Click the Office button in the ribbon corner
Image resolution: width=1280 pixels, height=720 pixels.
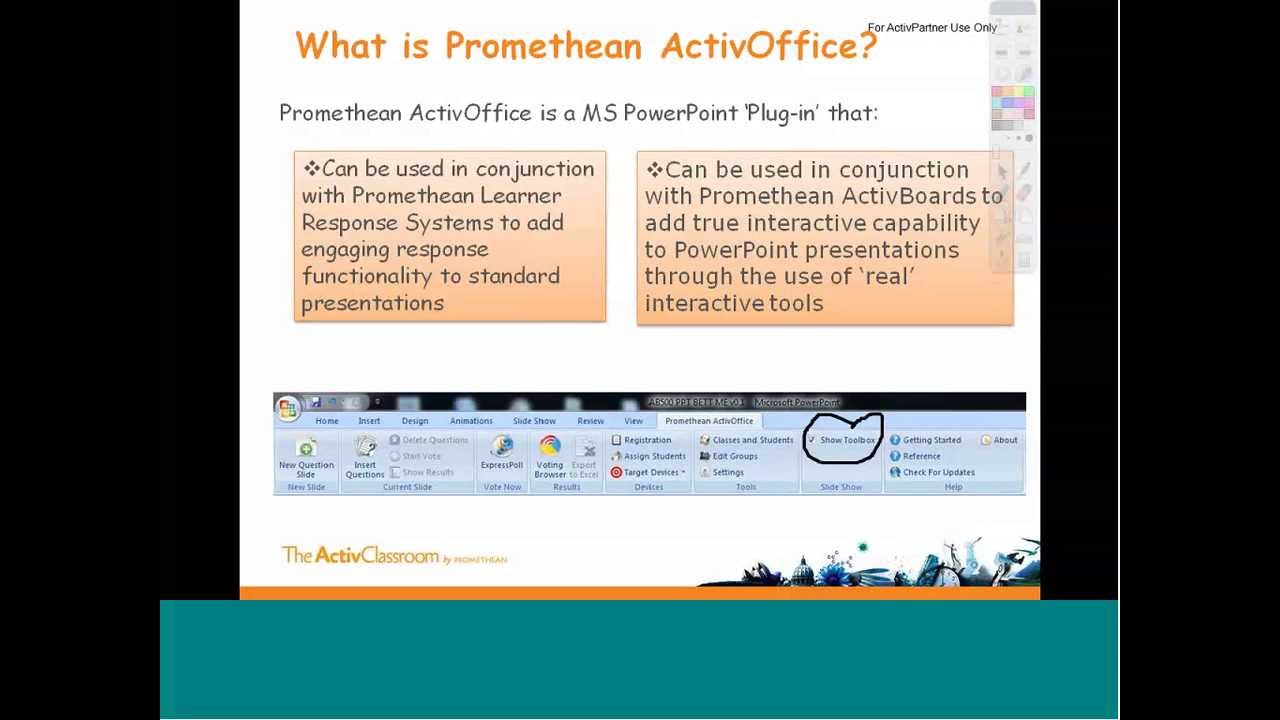tap(288, 407)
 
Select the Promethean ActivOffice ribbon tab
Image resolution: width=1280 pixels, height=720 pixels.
tap(709, 421)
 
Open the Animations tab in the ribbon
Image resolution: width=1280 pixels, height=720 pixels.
tap(471, 421)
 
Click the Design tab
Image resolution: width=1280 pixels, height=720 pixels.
tap(414, 421)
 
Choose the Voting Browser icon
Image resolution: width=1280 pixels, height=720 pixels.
tap(549, 446)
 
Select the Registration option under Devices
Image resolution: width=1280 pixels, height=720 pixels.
tap(647, 440)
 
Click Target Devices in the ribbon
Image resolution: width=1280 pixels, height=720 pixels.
tap(651, 472)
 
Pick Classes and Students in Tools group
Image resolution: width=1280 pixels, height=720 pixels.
tap(752, 440)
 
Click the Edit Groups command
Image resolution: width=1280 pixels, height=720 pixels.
tap(735, 456)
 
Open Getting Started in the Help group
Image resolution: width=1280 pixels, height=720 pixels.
tap(931, 440)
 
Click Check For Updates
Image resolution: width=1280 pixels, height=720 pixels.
tap(938, 472)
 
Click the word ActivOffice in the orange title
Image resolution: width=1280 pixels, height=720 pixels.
tap(768, 45)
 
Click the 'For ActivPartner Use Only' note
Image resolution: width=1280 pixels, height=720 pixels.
tap(932, 28)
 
